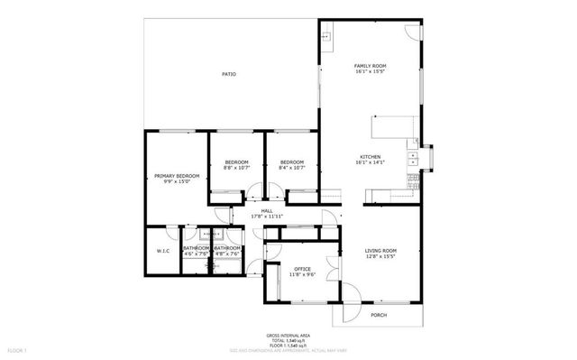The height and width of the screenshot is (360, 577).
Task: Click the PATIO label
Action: pos(229,74)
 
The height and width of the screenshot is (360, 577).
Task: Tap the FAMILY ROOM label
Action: pos(370,66)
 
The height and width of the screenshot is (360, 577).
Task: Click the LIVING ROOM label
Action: pos(380,250)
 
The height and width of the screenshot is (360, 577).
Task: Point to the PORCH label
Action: pos(378,315)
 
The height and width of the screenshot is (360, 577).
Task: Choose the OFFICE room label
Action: pos(301,269)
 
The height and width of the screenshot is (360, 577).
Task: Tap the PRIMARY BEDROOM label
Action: pos(176,175)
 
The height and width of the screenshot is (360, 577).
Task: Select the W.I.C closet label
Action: pos(163,251)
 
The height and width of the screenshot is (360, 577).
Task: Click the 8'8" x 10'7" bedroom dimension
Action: pos(236,168)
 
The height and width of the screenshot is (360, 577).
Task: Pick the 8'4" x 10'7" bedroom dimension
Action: pos(291,168)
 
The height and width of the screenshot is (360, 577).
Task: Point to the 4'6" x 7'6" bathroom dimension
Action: pos(196,254)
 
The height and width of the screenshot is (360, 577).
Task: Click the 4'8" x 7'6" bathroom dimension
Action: pos(227,254)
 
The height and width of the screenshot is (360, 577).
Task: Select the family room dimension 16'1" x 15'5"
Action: pos(370,72)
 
